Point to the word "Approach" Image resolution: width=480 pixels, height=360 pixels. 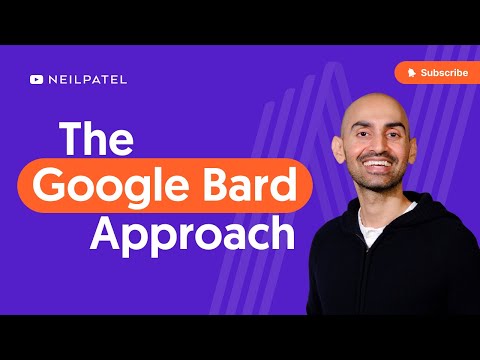[193, 235]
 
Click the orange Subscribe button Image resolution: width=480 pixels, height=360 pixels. [431, 73]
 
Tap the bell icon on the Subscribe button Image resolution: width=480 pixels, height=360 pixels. [410, 73]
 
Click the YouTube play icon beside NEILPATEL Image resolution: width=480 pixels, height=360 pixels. [37, 79]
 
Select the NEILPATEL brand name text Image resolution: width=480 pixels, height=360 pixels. [86, 79]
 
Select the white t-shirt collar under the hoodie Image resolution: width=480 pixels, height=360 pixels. [373, 228]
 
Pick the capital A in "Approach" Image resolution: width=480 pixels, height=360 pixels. [106, 234]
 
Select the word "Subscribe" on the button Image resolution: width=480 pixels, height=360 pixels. [443, 73]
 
